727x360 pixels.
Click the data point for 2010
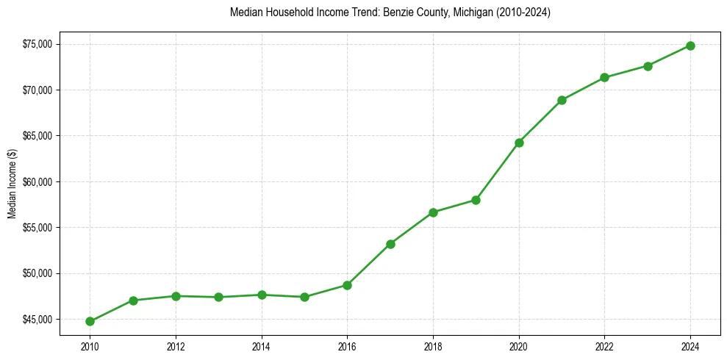click(x=90, y=321)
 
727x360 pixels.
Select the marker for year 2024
click(x=690, y=46)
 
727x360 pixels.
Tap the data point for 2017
click(x=390, y=244)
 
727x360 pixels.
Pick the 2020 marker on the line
click(x=519, y=143)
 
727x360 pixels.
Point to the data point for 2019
click(x=476, y=200)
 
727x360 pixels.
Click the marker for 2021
click(x=562, y=100)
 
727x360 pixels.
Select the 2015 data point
click(x=304, y=297)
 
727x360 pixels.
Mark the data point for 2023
click(x=648, y=66)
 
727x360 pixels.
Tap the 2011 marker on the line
click(x=133, y=300)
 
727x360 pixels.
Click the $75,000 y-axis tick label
click(x=37, y=44)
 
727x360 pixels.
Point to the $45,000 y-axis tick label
click(x=37, y=320)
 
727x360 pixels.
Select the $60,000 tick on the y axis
click(x=37, y=182)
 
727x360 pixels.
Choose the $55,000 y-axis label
click(x=37, y=228)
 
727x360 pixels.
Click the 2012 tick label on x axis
click(x=176, y=346)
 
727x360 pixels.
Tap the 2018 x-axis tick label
click(x=433, y=346)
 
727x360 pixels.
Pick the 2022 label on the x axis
click(x=604, y=346)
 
